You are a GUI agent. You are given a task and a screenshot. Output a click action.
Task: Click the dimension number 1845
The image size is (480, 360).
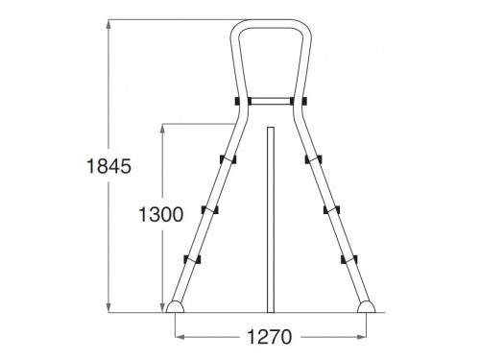point(109,166)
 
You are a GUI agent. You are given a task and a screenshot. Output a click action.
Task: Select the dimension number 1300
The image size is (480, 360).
point(161,214)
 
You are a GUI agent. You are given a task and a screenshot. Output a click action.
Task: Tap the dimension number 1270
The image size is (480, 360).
point(270,337)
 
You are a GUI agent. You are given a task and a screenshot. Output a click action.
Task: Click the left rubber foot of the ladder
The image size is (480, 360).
point(175,306)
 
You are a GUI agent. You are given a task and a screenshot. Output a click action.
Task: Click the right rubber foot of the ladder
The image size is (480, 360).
point(367,306)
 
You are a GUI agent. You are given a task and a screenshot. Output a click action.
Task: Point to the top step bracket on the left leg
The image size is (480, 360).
point(228,159)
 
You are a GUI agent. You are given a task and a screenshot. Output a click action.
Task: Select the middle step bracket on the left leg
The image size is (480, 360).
point(210,209)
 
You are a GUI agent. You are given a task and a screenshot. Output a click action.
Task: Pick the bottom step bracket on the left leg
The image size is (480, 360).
point(192,259)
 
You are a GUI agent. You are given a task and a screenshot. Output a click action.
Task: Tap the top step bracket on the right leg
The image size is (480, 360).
point(313,159)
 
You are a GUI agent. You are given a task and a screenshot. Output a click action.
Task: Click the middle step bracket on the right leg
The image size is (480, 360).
point(331,209)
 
